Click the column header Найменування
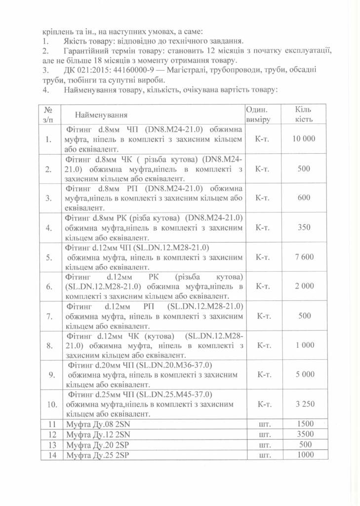pos(101,115)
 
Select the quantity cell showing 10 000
pos(304,139)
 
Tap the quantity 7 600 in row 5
pos(304,257)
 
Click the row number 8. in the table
pos(48,345)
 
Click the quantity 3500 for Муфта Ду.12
pos(305,435)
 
